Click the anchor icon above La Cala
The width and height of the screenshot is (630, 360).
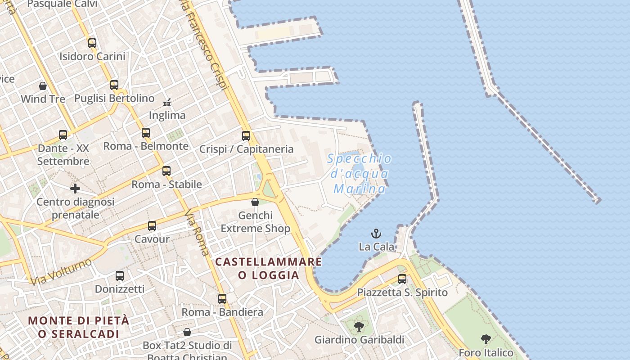pyautogui.click(x=376, y=234)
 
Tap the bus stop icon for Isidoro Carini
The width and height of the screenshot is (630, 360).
pyautogui.click(x=92, y=43)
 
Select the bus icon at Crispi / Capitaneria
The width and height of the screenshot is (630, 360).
pyautogui.click(x=246, y=135)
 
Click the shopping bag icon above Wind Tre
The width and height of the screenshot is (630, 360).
pyautogui.click(x=43, y=85)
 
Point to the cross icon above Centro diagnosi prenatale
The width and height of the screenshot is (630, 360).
pyautogui.click(x=75, y=188)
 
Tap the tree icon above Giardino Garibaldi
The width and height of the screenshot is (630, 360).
pyautogui.click(x=359, y=326)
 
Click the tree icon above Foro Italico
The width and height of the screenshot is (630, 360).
pyautogui.click(x=486, y=339)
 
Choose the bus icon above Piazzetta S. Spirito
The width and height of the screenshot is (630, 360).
pyautogui.click(x=402, y=279)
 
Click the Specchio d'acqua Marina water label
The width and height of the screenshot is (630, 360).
pyautogui.click(x=360, y=173)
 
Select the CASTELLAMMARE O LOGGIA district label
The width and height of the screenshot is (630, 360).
pyautogui.click(x=269, y=268)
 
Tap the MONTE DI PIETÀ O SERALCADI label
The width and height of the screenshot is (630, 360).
pyautogui.click(x=79, y=327)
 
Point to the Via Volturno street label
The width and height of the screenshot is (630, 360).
pyautogui.click(x=61, y=271)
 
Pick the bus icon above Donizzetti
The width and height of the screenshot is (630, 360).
pyautogui.click(x=119, y=276)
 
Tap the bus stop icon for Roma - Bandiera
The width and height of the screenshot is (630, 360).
pyautogui.click(x=222, y=299)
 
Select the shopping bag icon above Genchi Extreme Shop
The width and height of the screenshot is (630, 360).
pyautogui.click(x=255, y=202)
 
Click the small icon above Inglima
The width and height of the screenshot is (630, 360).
pyautogui.click(x=167, y=103)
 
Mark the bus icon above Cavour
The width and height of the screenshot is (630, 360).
pyautogui.click(x=152, y=226)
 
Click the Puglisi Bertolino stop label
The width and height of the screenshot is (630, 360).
pyautogui.click(x=114, y=98)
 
